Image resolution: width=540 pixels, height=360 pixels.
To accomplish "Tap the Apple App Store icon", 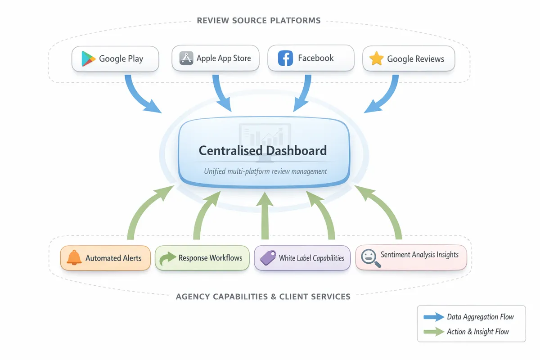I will click(186, 58).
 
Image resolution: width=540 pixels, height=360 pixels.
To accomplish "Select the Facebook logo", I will click(285, 58).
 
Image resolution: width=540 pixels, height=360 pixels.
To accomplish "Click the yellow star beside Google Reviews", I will click(376, 59).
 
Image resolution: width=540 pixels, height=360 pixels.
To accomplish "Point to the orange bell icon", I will click(74, 258).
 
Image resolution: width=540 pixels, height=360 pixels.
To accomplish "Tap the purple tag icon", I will click(268, 258).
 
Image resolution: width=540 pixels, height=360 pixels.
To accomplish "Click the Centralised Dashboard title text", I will click(263, 150).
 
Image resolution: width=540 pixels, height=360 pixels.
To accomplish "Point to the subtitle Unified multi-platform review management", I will click(265, 171).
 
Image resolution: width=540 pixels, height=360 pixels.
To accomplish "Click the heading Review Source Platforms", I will click(259, 20).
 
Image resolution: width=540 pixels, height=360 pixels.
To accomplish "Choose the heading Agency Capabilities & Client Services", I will click(263, 297).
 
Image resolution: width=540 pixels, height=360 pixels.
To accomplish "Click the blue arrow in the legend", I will click(433, 317).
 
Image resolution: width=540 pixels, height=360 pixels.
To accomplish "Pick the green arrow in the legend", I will click(433, 332).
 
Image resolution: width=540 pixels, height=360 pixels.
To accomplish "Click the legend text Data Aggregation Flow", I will click(480, 317).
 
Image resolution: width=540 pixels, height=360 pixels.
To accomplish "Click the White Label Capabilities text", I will click(311, 258).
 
